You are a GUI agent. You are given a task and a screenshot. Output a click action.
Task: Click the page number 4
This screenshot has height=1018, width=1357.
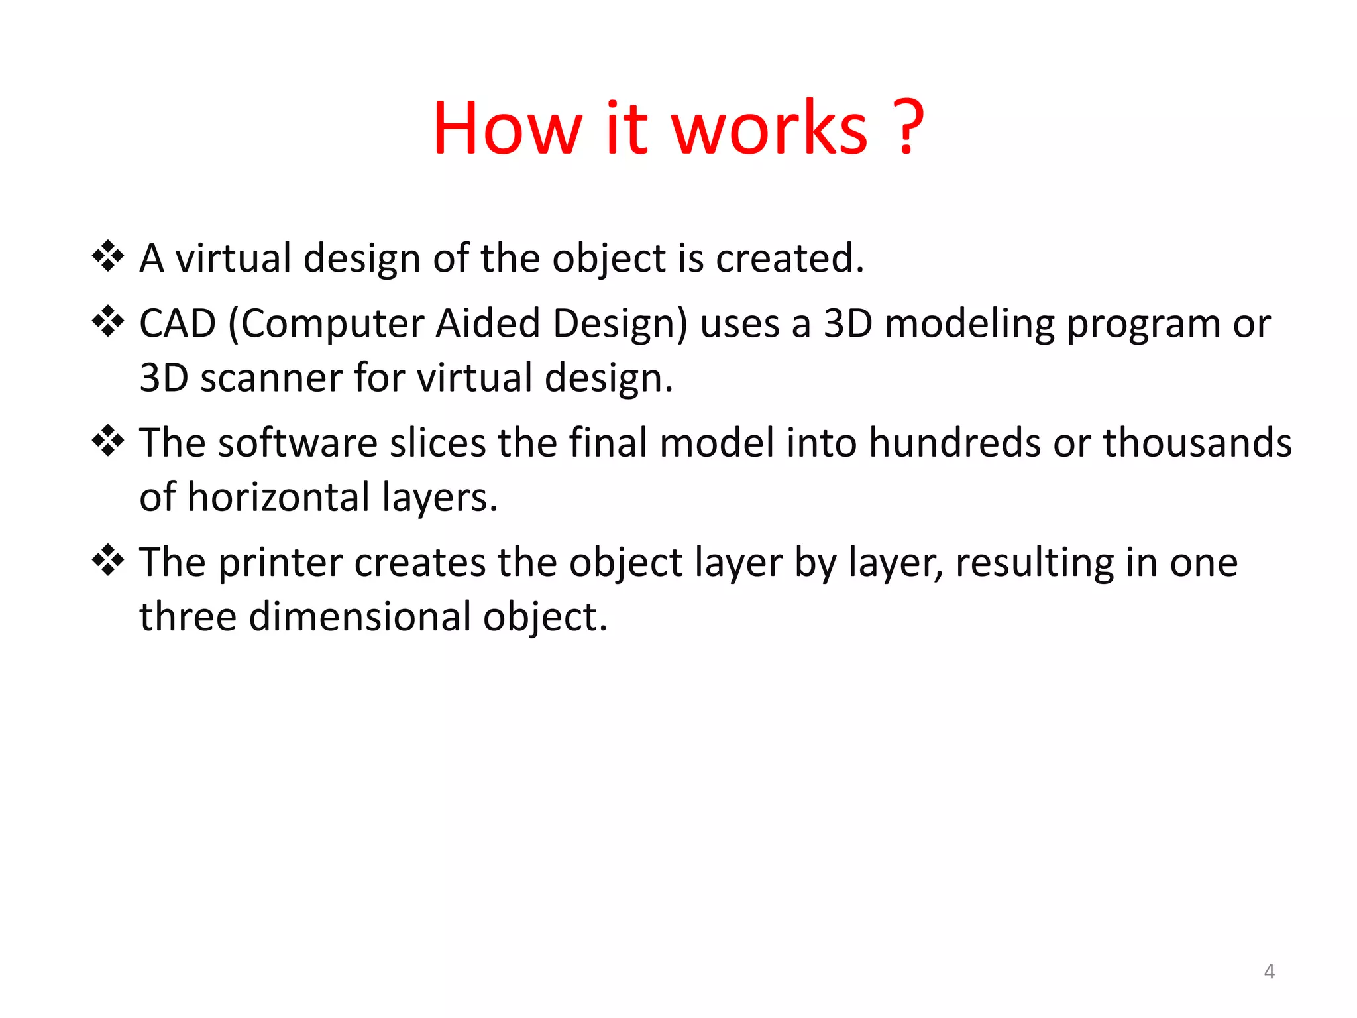1269,972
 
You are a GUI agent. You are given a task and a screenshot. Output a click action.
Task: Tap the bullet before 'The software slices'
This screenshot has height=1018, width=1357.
108,441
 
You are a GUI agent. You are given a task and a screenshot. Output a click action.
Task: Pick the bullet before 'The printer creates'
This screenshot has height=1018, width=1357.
108,561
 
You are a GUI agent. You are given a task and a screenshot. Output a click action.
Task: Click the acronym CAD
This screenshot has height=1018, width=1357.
178,324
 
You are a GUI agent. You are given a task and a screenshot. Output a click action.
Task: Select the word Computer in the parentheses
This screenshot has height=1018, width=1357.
331,325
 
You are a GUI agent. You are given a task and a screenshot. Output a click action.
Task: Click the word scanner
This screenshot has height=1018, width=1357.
271,378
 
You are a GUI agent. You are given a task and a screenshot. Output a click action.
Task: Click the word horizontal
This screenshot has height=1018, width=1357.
279,497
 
